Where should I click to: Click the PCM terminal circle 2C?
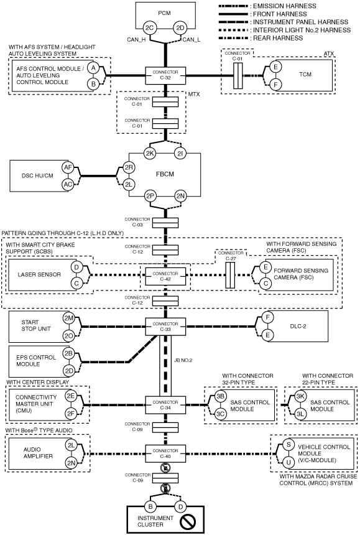pyautogui.click(x=150, y=28)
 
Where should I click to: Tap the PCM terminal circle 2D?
pyautogui.click(x=180, y=28)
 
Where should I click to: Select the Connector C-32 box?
pyautogui.click(x=165, y=75)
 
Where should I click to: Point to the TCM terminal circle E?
pyautogui.click(x=275, y=67)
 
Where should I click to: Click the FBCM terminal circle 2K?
pyautogui.click(x=150, y=154)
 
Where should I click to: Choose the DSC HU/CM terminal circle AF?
pyautogui.click(x=68, y=167)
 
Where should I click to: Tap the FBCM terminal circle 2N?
pyautogui.click(x=180, y=196)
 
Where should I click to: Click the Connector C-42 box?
pyautogui.click(x=165, y=276)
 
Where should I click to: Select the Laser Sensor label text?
pyautogui.click(x=39, y=275)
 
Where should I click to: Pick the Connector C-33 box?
pyautogui.click(x=165, y=327)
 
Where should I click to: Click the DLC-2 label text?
pyautogui.click(x=298, y=326)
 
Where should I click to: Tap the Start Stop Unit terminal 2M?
pyautogui.click(x=68, y=318)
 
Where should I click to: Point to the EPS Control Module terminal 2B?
pyautogui.click(x=68, y=353)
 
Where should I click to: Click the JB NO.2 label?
pyautogui.click(x=183, y=360)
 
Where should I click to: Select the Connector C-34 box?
pyautogui.click(x=165, y=405)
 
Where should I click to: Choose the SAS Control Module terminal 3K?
pyautogui.click(x=300, y=396)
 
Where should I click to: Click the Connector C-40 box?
pyautogui.click(x=165, y=454)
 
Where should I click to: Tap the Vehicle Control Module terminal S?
pyautogui.click(x=288, y=445)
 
